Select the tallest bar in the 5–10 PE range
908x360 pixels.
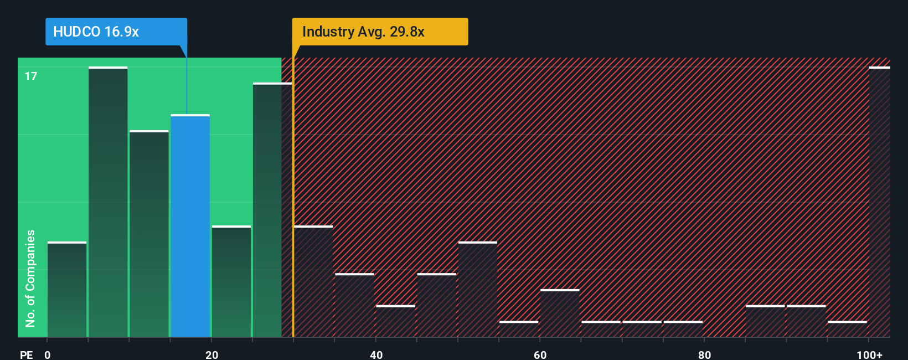[108, 202]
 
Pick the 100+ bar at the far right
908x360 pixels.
[879, 202]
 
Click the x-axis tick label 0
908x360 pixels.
[48, 354]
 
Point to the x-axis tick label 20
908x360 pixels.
[211, 354]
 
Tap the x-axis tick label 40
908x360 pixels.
[376, 354]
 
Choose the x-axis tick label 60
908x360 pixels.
[540, 354]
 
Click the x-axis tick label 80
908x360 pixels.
[704, 354]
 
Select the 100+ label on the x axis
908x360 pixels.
[869, 354]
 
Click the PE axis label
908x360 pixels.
[26, 354]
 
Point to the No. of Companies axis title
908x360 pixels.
[30, 278]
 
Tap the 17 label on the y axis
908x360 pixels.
[31, 76]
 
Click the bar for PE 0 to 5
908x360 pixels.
[67, 290]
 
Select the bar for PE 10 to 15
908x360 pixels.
[149, 234]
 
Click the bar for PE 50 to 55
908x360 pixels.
[478, 290]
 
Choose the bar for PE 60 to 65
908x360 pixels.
[560, 313]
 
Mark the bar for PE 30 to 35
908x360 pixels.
[313, 281]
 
